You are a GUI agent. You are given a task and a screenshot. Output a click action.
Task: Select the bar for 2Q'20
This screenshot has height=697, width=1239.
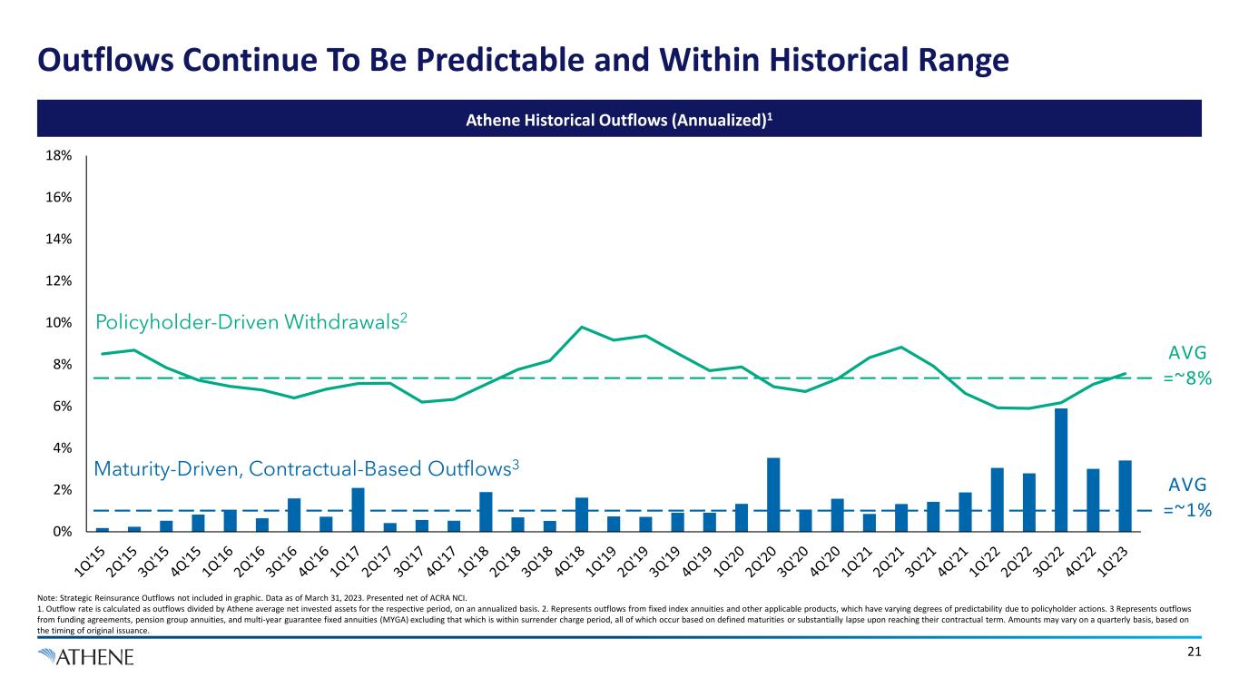click(773, 495)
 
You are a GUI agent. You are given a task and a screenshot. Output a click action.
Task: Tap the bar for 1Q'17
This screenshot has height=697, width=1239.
click(358, 509)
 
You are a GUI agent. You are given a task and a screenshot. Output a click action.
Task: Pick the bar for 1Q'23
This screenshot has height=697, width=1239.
click(1125, 496)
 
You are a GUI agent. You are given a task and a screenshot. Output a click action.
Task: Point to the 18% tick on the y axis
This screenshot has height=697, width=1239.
click(59, 156)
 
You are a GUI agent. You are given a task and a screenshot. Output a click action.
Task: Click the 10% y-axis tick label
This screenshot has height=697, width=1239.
click(59, 323)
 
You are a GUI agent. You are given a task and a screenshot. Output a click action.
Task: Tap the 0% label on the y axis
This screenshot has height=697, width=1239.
click(62, 532)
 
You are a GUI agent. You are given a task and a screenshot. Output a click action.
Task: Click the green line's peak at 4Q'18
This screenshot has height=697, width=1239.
click(582, 327)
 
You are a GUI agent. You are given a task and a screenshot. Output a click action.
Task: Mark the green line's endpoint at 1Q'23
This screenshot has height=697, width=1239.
click(1125, 373)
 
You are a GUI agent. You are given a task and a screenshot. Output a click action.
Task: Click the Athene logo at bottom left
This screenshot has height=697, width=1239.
click(86, 657)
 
